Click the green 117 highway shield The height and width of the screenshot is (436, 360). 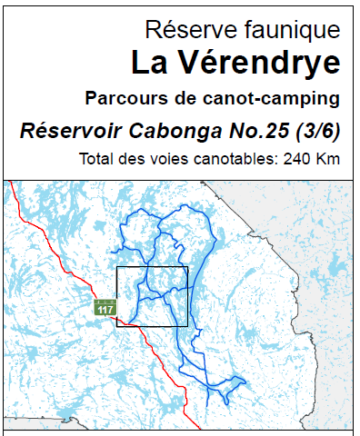(x=106, y=309)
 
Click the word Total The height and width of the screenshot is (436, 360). (x=96, y=161)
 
